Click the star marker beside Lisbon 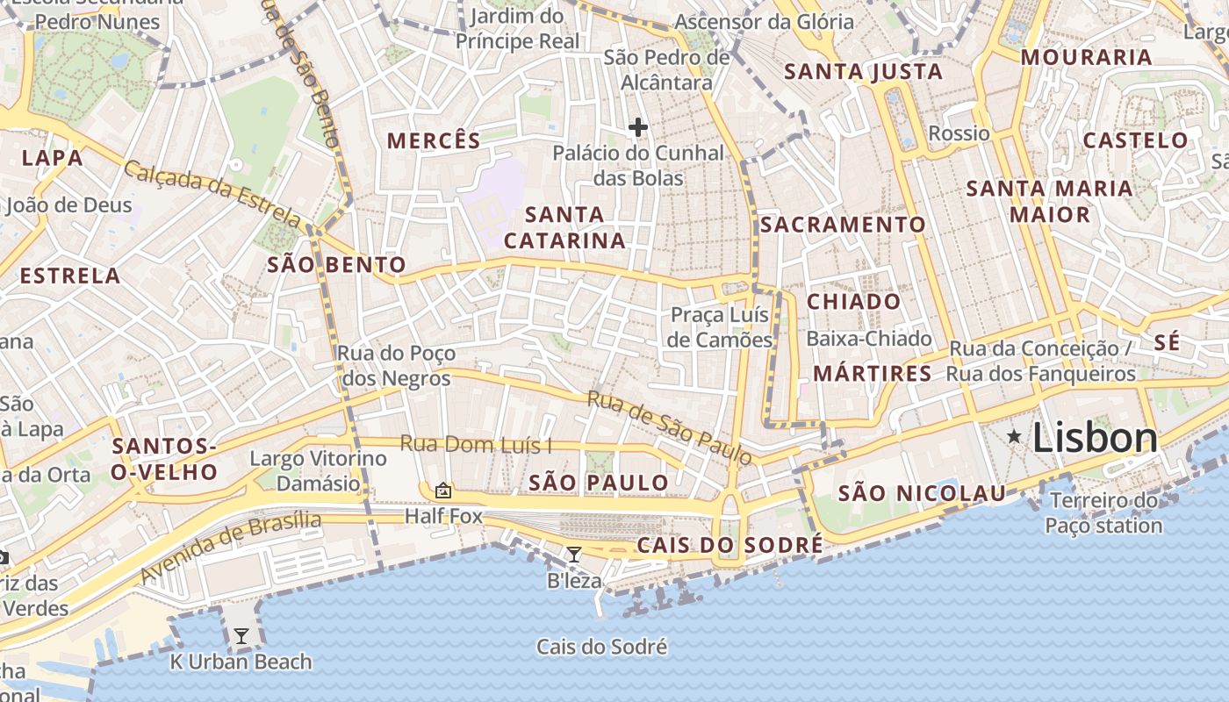click(x=1014, y=436)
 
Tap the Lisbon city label click(x=1095, y=437)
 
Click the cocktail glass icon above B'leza click(x=573, y=555)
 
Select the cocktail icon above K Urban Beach click(x=241, y=635)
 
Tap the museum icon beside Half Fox click(x=443, y=491)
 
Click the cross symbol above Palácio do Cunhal click(x=638, y=128)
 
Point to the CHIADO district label click(x=853, y=302)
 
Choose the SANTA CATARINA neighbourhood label click(x=564, y=227)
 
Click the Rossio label click(x=959, y=133)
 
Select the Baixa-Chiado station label click(x=868, y=339)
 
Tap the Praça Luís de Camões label click(x=720, y=327)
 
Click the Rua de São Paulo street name click(x=669, y=428)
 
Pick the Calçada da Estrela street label click(x=212, y=194)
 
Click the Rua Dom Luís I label click(x=476, y=445)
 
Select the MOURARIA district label click(x=1086, y=58)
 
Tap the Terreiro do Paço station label click(x=1103, y=513)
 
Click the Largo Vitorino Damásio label click(x=318, y=470)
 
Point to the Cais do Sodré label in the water click(x=602, y=648)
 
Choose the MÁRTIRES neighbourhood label click(x=872, y=374)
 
